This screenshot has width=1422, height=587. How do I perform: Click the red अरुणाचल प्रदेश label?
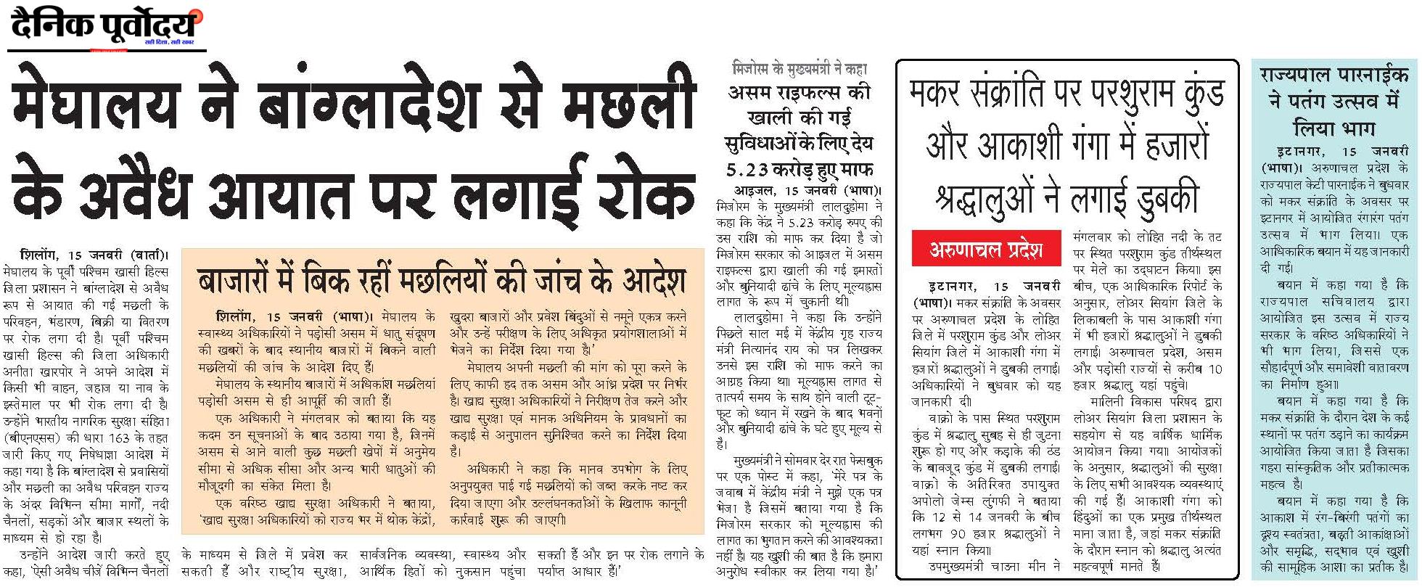[x=985, y=250]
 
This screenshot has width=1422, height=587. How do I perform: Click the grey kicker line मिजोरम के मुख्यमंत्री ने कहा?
[x=800, y=70]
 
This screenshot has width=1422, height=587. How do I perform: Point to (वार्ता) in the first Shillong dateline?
[x=148, y=256]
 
